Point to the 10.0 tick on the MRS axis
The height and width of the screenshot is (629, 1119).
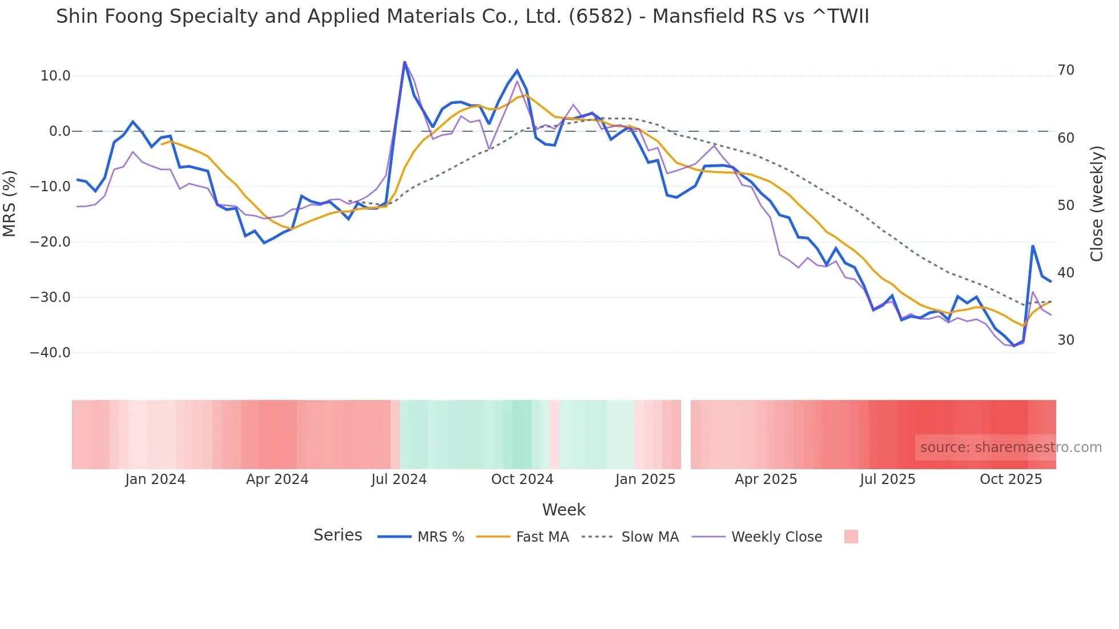pyautogui.click(x=55, y=76)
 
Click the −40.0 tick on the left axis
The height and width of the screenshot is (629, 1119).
pyautogui.click(x=50, y=353)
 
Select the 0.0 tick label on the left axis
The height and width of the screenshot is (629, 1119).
pyautogui.click(x=60, y=131)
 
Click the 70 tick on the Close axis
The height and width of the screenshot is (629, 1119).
pyautogui.click(x=1066, y=70)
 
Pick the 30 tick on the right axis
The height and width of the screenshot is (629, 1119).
pyautogui.click(x=1066, y=340)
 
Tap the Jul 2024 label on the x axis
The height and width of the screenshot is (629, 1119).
pyautogui.click(x=399, y=479)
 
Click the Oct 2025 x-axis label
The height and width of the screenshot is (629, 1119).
pyautogui.click(x=1011, y=479)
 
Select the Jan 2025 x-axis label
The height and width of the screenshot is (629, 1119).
pyautogui.click(x=645, y=479)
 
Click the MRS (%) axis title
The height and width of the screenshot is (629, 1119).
pyautogui.click(x=10, y=204)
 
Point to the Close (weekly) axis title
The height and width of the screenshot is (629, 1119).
pyautogui.click(x=1096, y=204)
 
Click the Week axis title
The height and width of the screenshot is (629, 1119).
pyautogui.click(x=563, y=510)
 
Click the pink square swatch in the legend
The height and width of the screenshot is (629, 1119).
pyautogui.click(x=851, y=537)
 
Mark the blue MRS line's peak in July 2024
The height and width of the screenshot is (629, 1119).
pyautogui.click(x=404, y=62)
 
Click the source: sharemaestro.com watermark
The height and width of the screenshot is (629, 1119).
pyautogui.click(x=1011, y=447)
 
